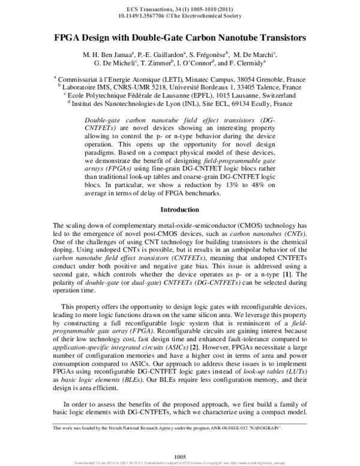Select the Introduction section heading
[x=180, y=210]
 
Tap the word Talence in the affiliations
[x=275, y=86]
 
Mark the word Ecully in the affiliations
[x=259, y=103]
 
